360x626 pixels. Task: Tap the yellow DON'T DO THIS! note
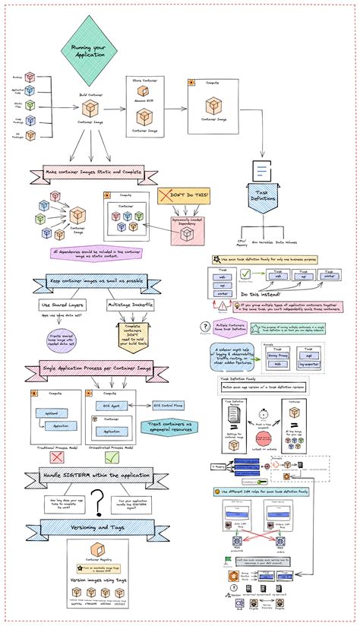[x=183, y=197]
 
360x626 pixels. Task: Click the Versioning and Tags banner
[x=91, y=526]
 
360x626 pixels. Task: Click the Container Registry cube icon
[x=96, y=551]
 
